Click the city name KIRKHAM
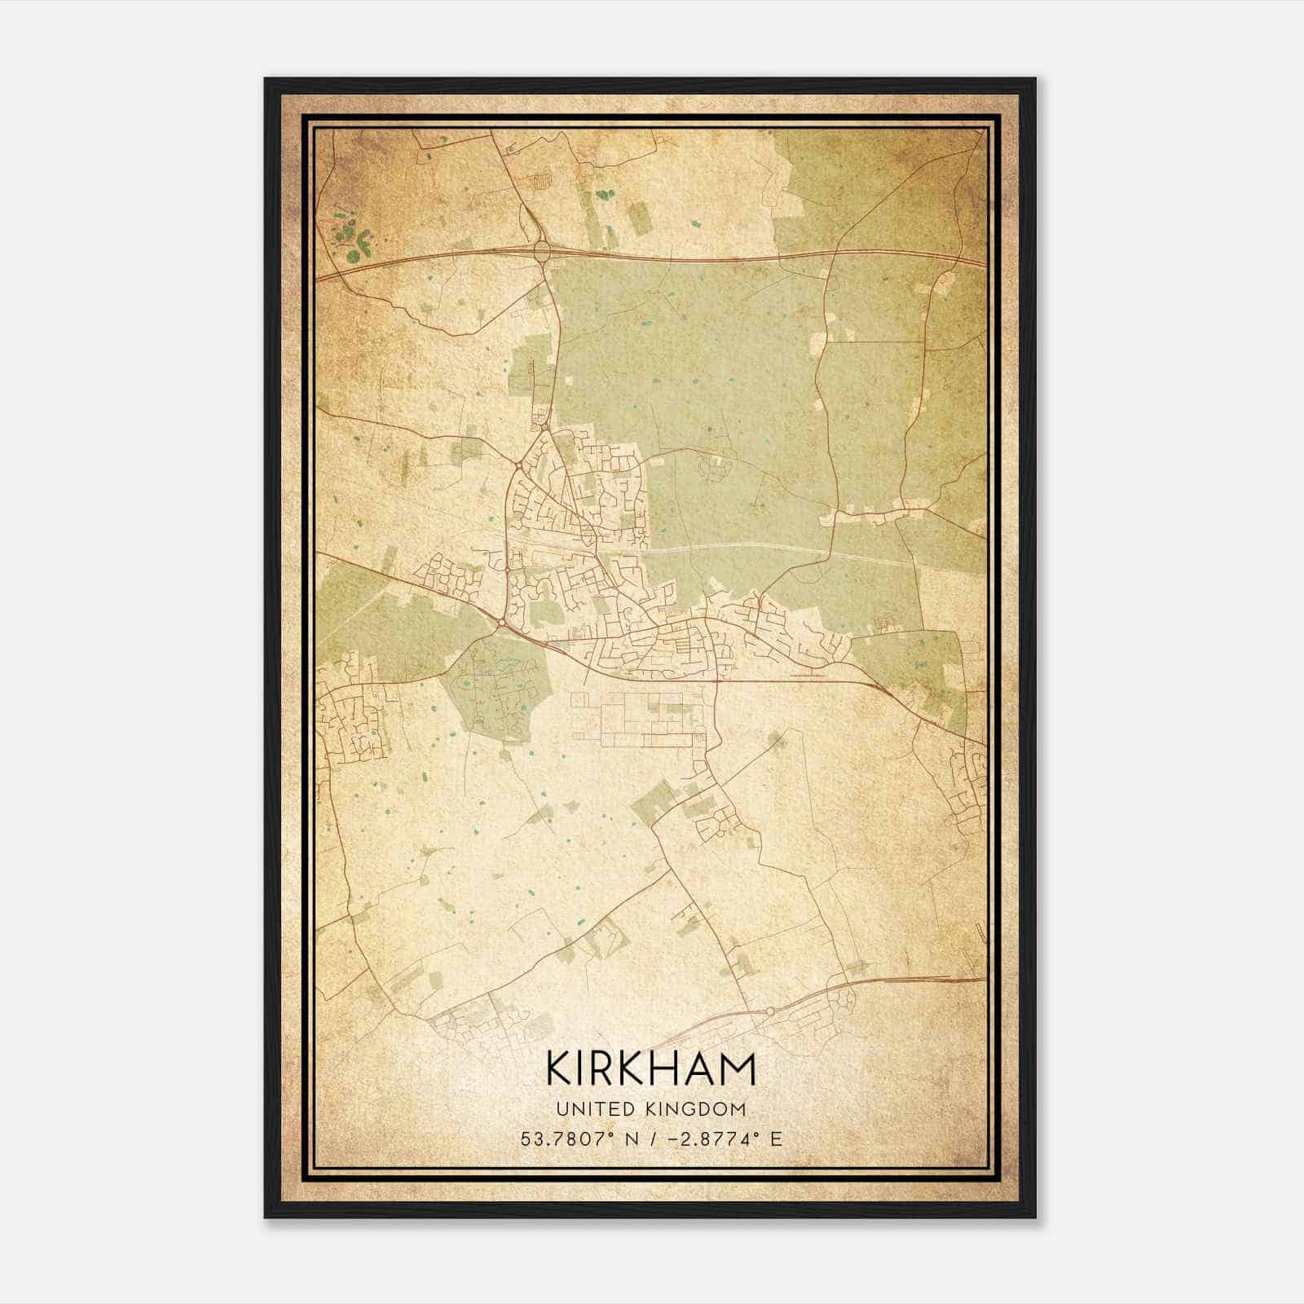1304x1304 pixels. pos(651,1068)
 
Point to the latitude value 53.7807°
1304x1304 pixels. pos(568,1139)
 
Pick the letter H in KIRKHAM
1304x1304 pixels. pos(667,1068)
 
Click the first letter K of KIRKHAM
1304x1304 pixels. pos(560,1068)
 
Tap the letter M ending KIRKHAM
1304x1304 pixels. pos(737,1068)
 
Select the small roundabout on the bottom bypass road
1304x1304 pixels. pos(769,1011)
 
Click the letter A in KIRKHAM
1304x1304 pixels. pos(700,1068)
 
